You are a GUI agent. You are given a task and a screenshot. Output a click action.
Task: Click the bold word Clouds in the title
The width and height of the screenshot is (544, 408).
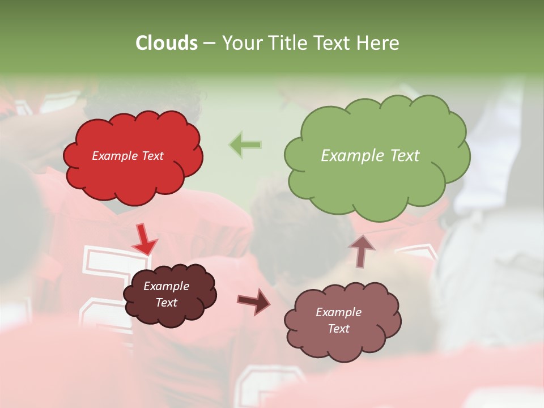(x=167, y=43)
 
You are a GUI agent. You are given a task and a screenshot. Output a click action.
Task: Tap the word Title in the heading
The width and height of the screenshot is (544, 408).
(x=287, y=43)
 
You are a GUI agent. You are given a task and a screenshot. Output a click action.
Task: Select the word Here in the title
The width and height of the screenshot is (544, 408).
(x=379, y=43)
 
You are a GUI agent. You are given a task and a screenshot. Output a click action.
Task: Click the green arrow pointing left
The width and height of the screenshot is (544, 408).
(x=245, y=145)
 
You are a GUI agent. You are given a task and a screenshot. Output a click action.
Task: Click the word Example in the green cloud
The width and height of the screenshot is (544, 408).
(x=354, y=156)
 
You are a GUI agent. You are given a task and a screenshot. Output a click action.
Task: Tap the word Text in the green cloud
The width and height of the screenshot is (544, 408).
(x=405, y=156)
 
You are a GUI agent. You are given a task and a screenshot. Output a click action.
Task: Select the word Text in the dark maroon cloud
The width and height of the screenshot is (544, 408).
(x=166, y=303)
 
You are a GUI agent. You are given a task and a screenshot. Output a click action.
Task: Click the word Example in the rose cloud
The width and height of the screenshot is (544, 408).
(x=338, y=312)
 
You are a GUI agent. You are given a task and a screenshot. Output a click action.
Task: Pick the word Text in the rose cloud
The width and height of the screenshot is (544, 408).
(x=338, y=329)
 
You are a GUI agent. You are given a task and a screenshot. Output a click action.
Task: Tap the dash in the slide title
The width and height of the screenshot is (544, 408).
(x=209, y=43)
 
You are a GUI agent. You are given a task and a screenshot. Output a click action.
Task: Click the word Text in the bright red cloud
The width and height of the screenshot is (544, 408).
(x=152, y=156)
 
